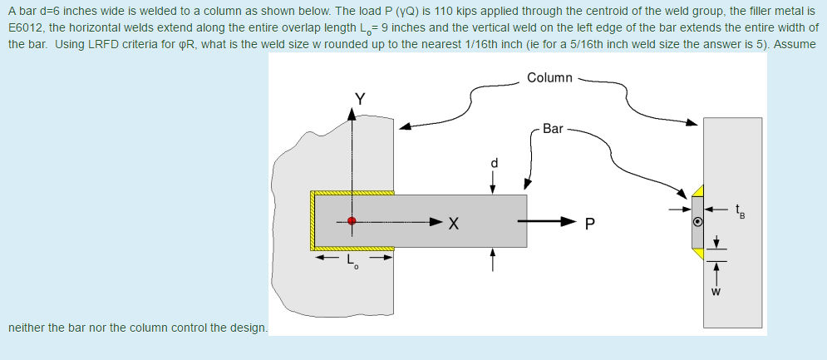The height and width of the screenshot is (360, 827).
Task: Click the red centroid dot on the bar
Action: click(x=352, y=221)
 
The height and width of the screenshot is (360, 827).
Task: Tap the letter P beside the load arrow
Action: click(x=589, y=222)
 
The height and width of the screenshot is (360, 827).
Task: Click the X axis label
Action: click(x=453, y=222)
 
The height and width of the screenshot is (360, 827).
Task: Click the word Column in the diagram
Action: click(x=549, y=77)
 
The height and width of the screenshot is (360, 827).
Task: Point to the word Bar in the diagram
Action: click(x=553, y=129)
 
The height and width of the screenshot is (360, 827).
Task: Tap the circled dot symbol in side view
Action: click(x=698, y=222)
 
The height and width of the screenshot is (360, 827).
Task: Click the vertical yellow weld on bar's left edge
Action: click(x=313, y=221)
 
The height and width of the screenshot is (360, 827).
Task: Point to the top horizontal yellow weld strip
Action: click(x=352, y=192)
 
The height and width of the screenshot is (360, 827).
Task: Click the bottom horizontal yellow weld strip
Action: click(x=352, y=249)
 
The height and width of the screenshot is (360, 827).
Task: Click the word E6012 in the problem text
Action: click(x=27, y=27)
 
